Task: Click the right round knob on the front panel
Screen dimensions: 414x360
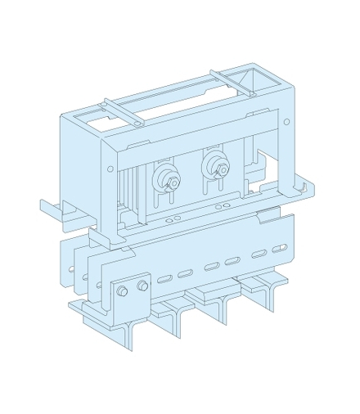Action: (220, 166)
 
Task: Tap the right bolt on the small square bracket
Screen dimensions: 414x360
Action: (143, 286)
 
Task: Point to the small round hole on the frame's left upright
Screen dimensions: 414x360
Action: (111, 169)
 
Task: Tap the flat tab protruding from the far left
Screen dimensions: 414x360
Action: (52, 208)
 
